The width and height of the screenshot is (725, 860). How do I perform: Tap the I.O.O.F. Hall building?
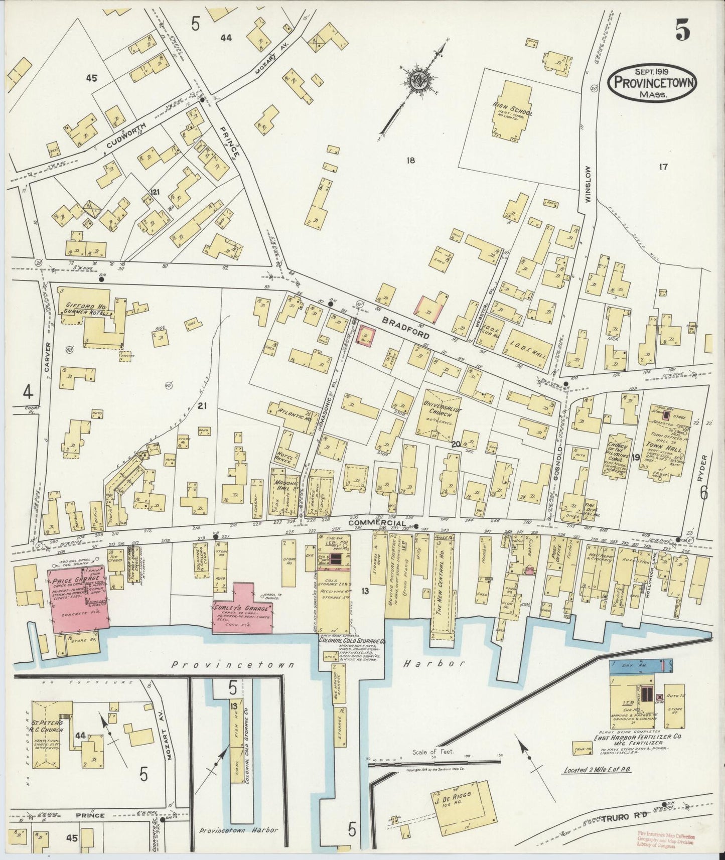532,348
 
